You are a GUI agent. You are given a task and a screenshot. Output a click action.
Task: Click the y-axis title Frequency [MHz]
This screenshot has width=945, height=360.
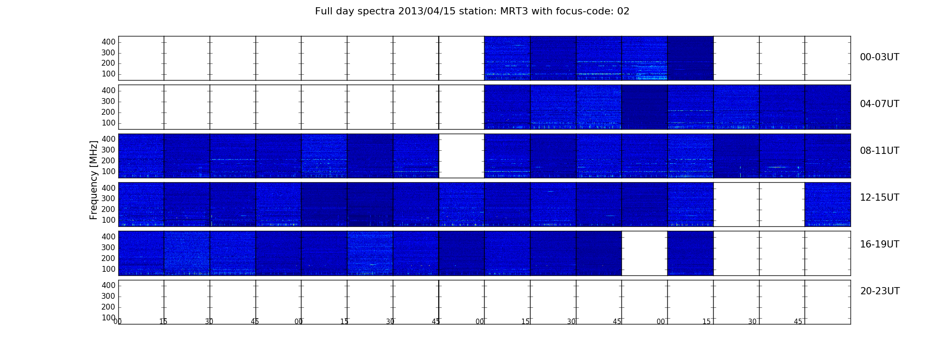point(94,180)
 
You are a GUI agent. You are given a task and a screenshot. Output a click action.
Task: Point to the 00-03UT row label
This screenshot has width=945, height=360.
point(880,57)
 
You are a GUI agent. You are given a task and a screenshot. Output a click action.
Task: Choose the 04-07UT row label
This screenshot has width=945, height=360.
point(880,104)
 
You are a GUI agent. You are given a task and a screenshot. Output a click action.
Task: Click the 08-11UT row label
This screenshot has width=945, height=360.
point(880,151)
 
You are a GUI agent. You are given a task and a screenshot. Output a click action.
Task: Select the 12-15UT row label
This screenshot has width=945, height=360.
point(880,198)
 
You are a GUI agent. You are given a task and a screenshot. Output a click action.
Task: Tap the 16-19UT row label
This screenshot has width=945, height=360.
point(880,244)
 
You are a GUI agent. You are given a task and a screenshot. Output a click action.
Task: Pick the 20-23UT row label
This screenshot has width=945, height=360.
point(880,291)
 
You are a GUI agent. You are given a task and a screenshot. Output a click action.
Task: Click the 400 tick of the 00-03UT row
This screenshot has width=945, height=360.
point(108,42)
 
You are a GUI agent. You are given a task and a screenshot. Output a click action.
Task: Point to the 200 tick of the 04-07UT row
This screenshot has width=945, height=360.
point(108,112)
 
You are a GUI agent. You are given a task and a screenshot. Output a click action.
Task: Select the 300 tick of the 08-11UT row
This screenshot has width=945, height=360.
point(108,150)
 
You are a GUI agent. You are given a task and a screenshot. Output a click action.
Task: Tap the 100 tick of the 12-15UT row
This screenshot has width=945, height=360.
point(108,220)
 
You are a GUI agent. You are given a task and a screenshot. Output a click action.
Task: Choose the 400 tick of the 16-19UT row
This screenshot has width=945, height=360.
point(108,237)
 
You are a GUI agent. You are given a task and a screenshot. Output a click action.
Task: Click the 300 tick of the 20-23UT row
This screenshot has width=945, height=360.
point(108,296)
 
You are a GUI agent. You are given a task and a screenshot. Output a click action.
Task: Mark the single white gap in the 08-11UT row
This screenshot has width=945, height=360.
point(462,156)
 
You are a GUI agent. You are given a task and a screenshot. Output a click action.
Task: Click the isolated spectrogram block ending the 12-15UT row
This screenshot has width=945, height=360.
point(828,204)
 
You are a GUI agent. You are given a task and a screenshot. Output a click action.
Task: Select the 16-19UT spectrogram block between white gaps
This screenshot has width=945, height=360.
point(690,253)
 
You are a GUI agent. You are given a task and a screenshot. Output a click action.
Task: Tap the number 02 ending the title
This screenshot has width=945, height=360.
point(623,11)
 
